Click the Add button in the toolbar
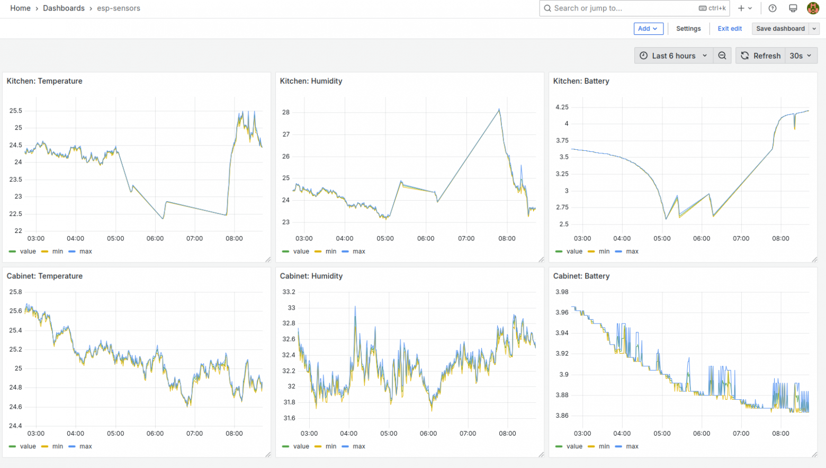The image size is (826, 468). pos(648,29)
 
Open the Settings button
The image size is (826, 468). pos(688,29)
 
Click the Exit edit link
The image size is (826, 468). pos(730,29)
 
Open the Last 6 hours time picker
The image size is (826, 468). pos(674,56)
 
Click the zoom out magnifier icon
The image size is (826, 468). pos(722,56)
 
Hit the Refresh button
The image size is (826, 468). pos(760,56)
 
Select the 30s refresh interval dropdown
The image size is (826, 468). pos(801,56)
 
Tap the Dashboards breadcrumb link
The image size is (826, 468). pos(64,8)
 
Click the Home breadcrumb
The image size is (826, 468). pos(20,8)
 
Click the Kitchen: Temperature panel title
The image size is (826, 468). pos(44,81)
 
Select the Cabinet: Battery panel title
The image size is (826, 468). pos(581,276)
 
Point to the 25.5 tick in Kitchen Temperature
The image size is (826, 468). pos(15,111)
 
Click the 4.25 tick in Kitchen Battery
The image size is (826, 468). pos(562,107)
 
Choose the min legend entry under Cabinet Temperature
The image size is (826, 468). pos(52,446)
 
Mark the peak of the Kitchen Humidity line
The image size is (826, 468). pos(499,109)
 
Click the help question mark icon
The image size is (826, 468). pos(773,8)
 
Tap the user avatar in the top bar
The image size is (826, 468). pos(813,8)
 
